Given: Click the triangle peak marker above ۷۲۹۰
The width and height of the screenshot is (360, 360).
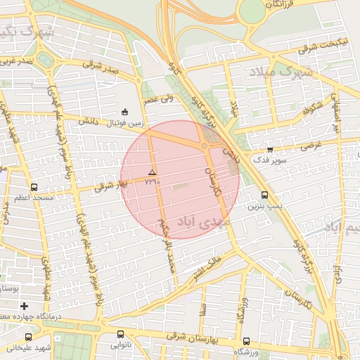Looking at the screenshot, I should coord(152,172).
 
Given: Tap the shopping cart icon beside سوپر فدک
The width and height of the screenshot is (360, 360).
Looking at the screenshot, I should coord(270,148).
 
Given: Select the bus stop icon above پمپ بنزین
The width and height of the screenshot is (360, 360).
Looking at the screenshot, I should coord(264,195).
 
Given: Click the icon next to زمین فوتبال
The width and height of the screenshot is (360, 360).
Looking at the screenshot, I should coord(125,112).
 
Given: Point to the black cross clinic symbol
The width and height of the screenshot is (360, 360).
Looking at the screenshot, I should coord(25,306).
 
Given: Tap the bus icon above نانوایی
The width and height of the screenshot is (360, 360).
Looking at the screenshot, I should coord(120,335).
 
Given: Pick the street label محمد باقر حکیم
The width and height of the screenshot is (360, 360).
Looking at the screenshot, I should coord(167,246).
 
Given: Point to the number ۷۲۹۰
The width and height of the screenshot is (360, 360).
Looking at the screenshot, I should coord(152,181).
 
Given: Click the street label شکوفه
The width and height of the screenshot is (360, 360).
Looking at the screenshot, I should coord(314,110).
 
